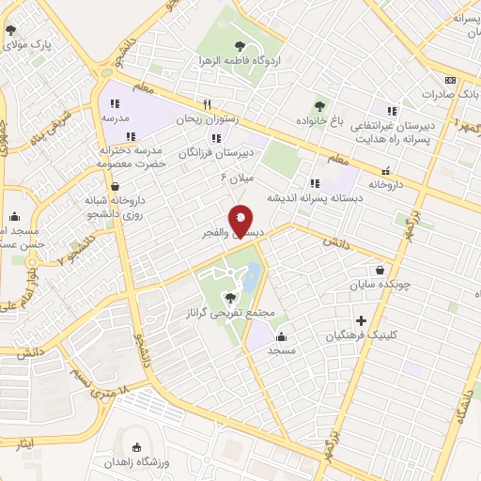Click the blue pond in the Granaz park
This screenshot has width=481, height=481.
point(253,276)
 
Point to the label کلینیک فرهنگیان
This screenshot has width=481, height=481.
point(361,335)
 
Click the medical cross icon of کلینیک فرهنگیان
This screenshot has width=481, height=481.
point(361,321)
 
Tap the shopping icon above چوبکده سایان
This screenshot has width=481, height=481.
point(380,269)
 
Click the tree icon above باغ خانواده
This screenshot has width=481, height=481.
point(319,106)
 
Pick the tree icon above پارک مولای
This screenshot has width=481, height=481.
point(11,31)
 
